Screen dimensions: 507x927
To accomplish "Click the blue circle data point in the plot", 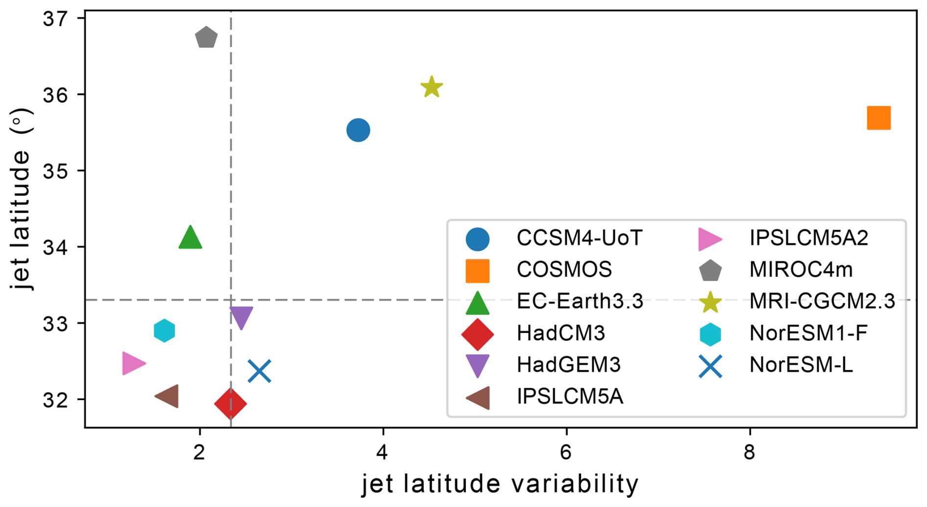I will click(x=358, y=130).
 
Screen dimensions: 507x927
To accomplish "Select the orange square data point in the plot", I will click(x=878, y=118).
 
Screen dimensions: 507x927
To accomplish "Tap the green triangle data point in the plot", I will click(x=190, y=238).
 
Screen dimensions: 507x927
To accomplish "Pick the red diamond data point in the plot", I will click(x=230, y=404).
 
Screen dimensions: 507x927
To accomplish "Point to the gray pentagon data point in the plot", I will click(x=206, y=38).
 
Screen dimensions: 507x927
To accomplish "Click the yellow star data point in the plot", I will click(x=432, y=88).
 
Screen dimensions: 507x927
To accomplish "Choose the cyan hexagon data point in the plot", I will click(x=164, y=331).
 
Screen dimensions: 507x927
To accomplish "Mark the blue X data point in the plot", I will click(x=259, y=371).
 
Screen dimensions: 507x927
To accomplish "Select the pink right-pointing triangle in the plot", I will click(x=132, y=363).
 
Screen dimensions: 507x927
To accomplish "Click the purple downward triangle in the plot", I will click(x=241, y=317).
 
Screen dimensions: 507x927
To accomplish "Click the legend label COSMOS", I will click(x=564, y=270).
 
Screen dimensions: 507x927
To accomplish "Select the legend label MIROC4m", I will click(x=801, y=270).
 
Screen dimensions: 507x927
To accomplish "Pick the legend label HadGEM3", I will click(x=568, y=365).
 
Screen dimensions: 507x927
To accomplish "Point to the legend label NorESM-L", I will click(x=801, y=365).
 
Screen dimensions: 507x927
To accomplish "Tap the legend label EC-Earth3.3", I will click(x=580, y=301).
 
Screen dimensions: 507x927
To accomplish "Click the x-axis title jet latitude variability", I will click(x=500, y=484).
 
